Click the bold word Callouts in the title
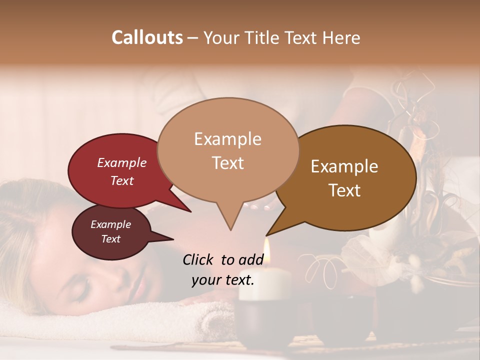click(147, 37)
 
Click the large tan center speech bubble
click(228, 150)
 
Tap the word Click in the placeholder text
click(199, 259)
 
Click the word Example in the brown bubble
click(344, 166)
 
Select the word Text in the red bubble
click(122, 180)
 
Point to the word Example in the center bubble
click(227, 139)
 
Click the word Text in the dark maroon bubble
click(111, 239)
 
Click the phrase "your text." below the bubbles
click(223, 280)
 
